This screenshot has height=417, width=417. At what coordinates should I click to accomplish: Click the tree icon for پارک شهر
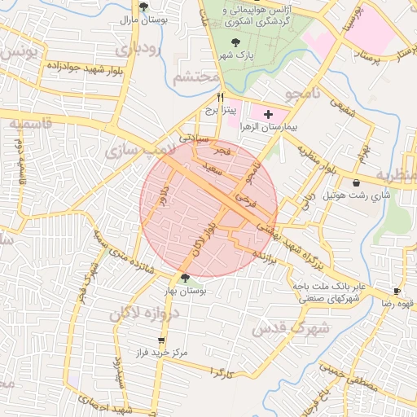point(236,42)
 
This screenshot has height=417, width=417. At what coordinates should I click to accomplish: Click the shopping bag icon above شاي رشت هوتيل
point(358,182)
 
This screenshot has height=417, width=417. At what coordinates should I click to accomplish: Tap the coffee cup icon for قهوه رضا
point(397,291)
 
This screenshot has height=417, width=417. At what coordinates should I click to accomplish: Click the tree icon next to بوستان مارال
point(143,7)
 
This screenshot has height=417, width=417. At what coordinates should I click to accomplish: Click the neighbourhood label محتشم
point(197,77)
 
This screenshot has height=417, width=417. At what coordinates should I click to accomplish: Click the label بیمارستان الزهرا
point(269,128)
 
